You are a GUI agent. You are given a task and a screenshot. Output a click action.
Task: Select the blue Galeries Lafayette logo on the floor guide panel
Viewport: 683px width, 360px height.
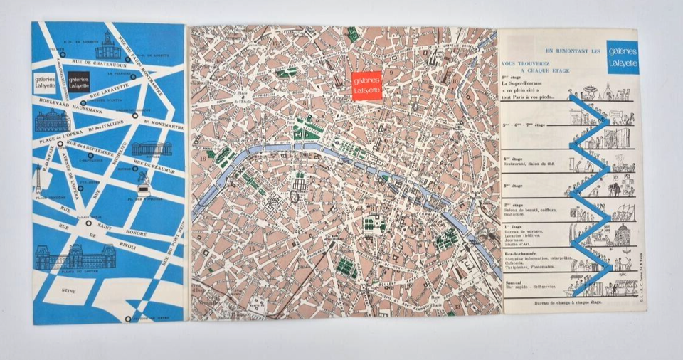623,58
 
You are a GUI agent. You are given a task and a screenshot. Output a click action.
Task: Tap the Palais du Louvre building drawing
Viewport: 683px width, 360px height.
65,258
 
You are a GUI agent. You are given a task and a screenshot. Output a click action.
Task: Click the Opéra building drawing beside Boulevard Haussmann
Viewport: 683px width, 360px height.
52,122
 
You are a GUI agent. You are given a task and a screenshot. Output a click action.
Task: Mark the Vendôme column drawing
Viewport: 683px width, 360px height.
38,179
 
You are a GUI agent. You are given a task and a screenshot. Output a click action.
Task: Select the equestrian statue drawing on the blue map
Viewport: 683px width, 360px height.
145,184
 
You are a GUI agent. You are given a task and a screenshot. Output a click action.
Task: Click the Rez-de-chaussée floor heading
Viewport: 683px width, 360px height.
527,252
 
